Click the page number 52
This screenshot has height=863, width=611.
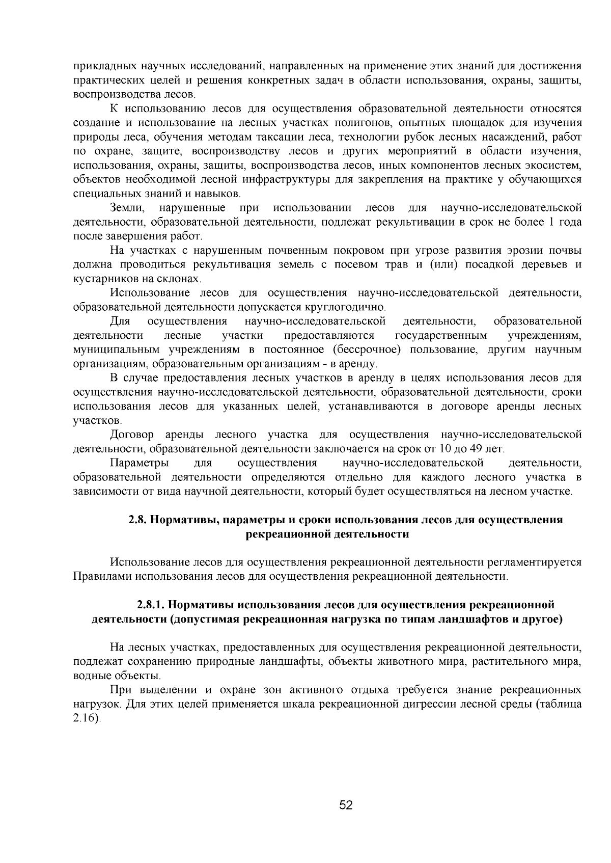click(x=346, y=805)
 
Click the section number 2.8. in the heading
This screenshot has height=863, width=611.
click(x=138, y=520)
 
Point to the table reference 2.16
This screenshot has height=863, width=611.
click(x=85, y=718)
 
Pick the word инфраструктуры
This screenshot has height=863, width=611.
click(x=282, y=179)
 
